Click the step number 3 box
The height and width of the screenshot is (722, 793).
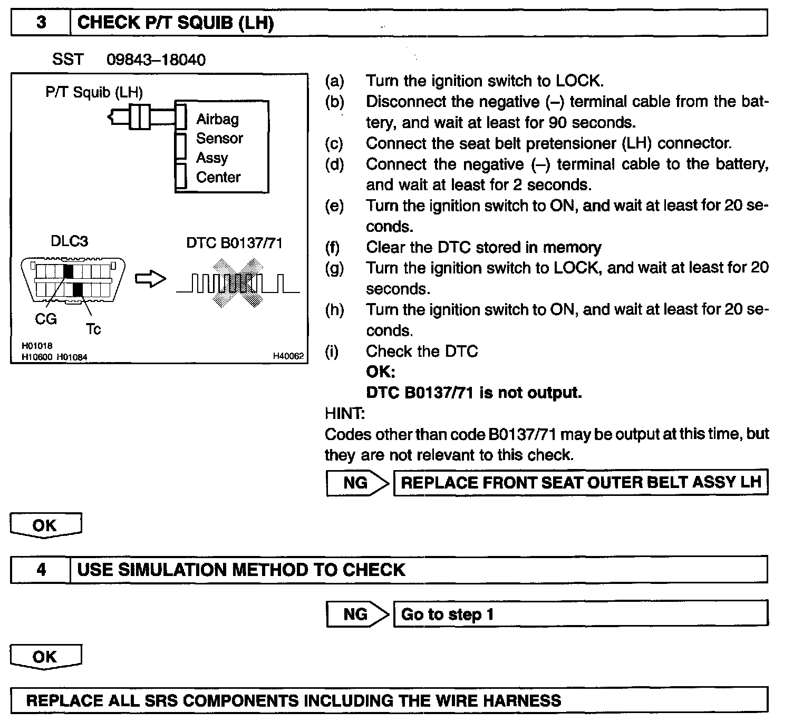tap(41, 23)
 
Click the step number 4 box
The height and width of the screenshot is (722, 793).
tap(41, 570)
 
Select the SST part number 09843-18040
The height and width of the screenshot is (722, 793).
tap(156, 60)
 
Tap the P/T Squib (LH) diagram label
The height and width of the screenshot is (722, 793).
tap(94, 93)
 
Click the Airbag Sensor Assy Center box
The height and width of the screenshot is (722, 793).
tap(221, 148)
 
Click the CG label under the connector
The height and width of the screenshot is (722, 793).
tap(46, 319)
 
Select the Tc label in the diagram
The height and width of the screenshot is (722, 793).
tap(93, 329)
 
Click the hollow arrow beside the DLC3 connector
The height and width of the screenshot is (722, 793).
tap(150, 279)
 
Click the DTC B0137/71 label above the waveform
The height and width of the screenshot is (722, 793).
tap(234, 243)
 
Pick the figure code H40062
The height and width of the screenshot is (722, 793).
tap(288, 356)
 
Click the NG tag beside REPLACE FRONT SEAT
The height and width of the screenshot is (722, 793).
tap(356, 483)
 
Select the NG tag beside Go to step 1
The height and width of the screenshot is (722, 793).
tap(356, 614)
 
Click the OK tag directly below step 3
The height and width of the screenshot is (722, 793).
tap(45, 525)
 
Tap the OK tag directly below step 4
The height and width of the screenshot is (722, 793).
tap(45, 657)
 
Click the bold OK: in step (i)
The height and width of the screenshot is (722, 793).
tap(380, 372)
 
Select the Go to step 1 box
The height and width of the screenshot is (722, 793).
tap(580, 614)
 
